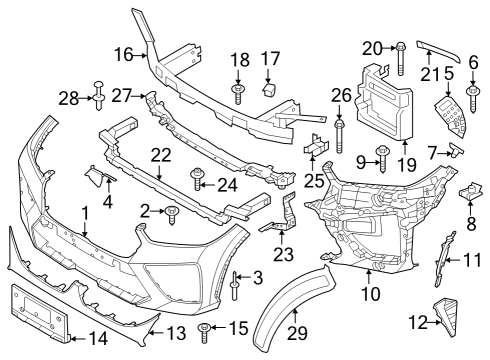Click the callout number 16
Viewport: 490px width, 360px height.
click(x=124, y=53)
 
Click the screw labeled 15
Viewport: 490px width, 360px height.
click(x=206, y=328)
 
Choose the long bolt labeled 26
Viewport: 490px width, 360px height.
click(x=341, y=129)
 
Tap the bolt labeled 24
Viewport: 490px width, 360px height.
click(x=197, y=184)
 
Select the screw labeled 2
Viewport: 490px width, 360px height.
click(x=173, y=211)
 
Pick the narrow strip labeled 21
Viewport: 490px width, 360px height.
click(x=433, y=55)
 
